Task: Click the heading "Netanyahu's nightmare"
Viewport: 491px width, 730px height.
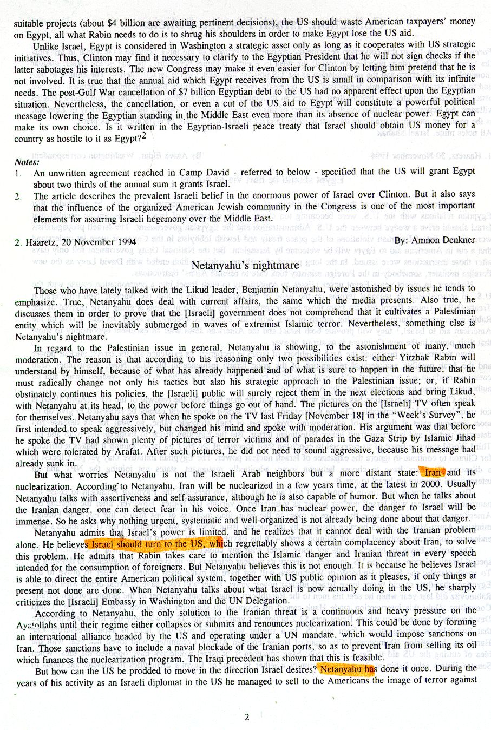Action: coord(245,265)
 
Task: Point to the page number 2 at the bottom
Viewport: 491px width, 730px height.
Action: coord(247,718)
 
